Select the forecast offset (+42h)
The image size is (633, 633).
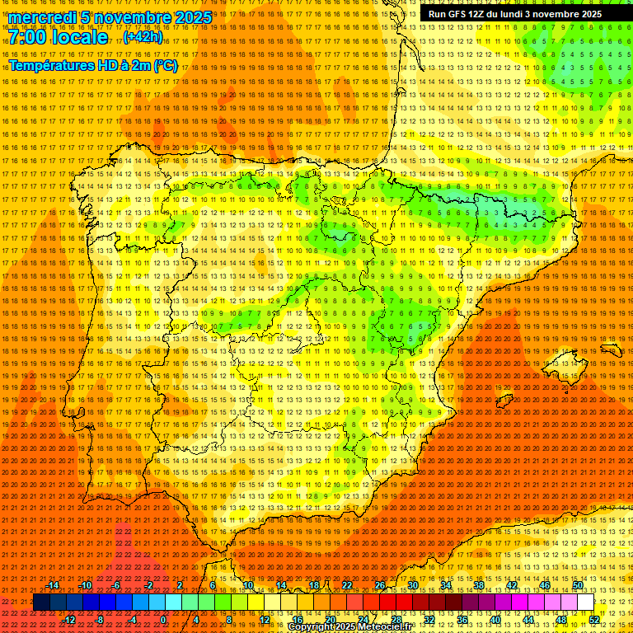pyautogui.click(x=143, y=37)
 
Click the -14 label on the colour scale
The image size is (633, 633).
pyautogui.click(x=53, y=585)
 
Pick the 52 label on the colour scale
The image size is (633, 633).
pyautogui.click(x=593, y=620)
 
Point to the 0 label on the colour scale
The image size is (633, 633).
pyautogui.click(x=164, y=620)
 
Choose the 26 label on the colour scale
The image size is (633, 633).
pyautogui.click(x=379, y=585)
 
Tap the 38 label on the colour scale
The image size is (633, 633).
pyautogui.click(x=478, y=585)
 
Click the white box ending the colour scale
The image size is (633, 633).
pyautogui.click(x=585, y=603)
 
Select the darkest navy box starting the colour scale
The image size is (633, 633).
pyautogui.click(x=41, y=603)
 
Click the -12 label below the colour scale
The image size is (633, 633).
pyautogui.click(x=69, y=620)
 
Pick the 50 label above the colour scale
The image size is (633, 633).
pyautogui.click(x=578, y=585)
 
